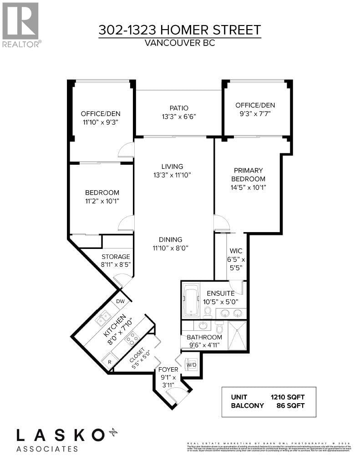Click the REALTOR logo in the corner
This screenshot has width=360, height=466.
[21, 24]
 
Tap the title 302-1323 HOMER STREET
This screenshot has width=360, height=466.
[180, 30]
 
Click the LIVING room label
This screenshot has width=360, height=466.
[172, 166]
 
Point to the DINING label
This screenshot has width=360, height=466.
[171, 239]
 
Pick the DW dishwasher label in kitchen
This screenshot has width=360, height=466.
[120, 301]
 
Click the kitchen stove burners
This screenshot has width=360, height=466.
[132, 338]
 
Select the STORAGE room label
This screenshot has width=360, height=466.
[116, 257]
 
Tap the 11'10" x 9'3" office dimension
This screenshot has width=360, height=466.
[101, 122]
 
